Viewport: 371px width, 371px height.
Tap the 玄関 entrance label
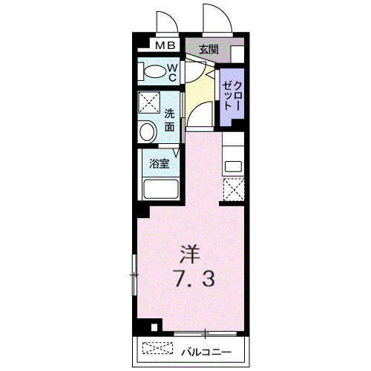[209, 50]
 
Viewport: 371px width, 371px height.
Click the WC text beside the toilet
[171, 72]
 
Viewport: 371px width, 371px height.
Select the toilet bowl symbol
[154, 72]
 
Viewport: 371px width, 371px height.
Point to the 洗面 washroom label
[170, 120]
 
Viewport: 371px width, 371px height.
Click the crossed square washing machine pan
[149, 102]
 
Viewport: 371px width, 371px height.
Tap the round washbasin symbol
[148, 133]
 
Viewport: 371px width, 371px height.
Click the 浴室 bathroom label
[159, 164]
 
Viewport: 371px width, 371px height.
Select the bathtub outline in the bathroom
[160, 190]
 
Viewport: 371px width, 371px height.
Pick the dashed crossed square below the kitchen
[234, 190]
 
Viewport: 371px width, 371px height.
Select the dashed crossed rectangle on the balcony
[156, 348]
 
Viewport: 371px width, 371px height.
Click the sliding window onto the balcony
[200, 332]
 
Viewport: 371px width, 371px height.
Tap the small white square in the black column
[154, 326]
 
